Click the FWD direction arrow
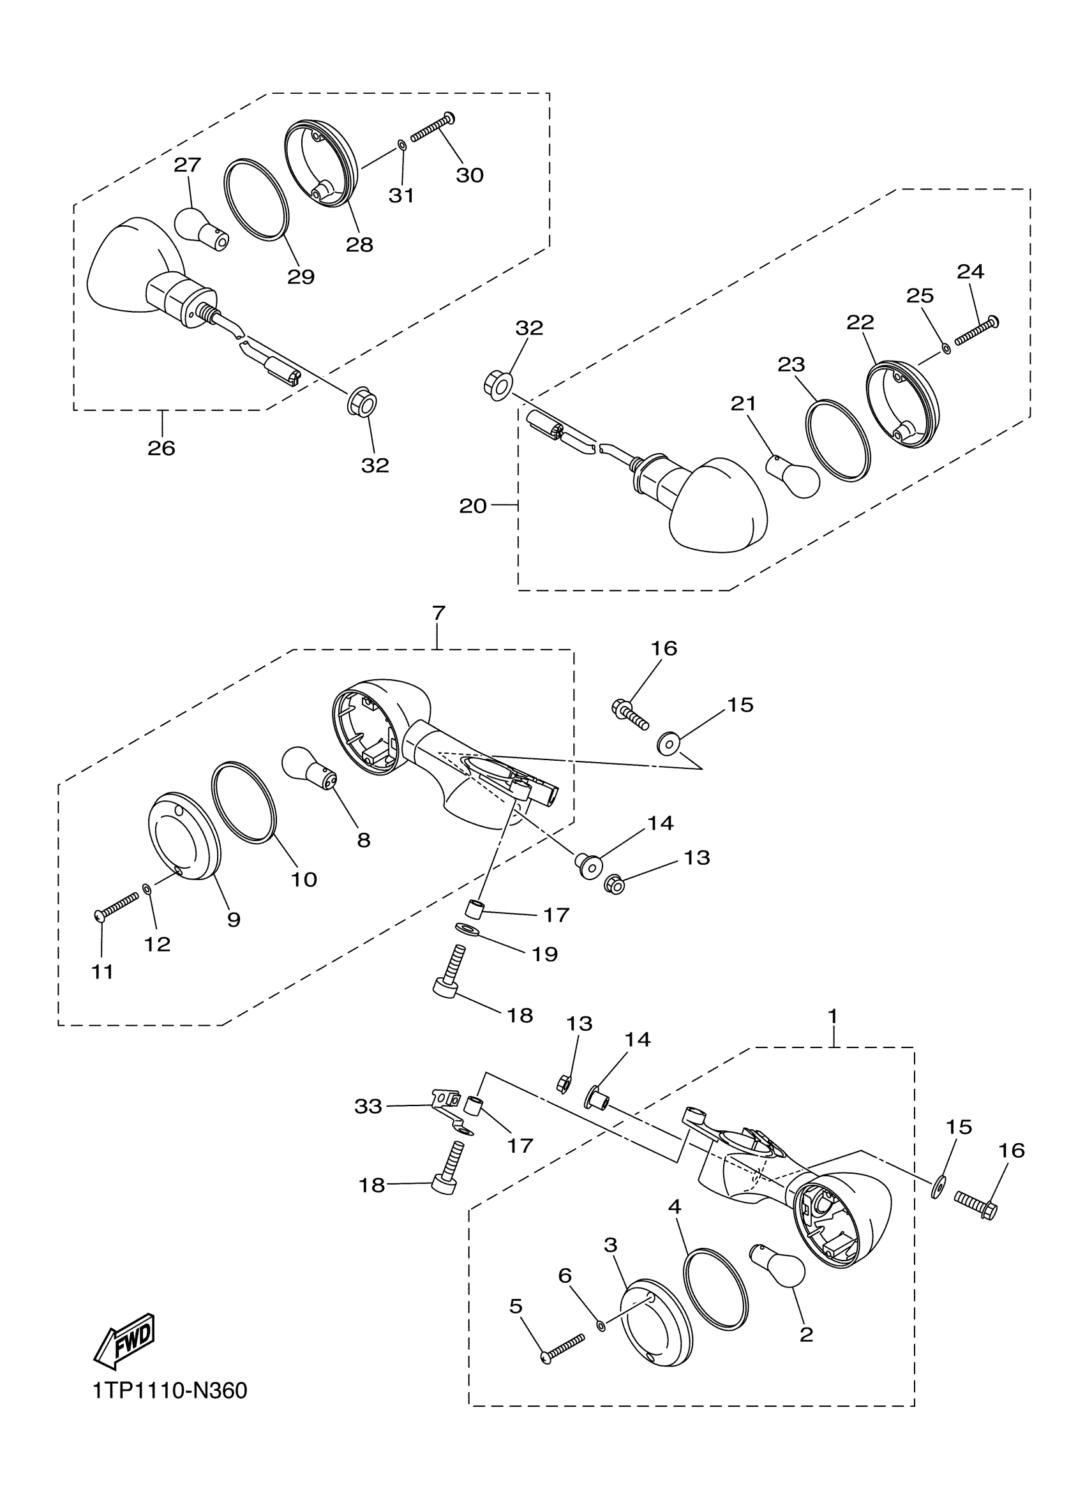click(x=124, y=1340)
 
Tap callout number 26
click(x=161, y=449)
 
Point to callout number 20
click(x=473, y=506)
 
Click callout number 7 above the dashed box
click(x=438, y=613)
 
